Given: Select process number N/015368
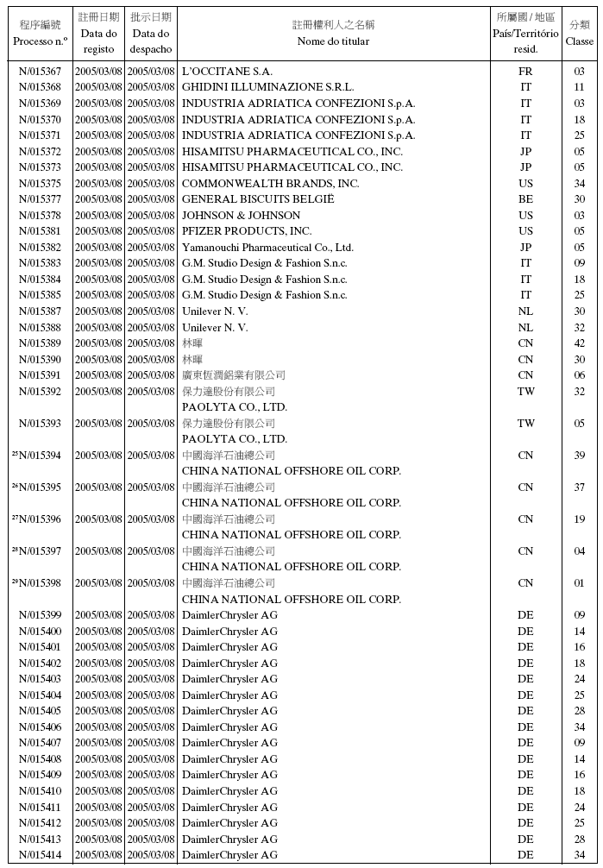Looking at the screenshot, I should click(x=40, y=87).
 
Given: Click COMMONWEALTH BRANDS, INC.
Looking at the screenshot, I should click(x=270, y=184).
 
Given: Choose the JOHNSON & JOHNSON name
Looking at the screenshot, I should click(x=241, y=216).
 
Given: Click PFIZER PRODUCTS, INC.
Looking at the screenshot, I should click(x=247, y=231).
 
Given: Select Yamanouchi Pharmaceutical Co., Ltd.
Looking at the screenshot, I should click(x=267, y=248).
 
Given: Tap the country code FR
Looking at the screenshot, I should click(x=525, y=72).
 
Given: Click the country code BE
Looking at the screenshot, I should click(x=525, y=199).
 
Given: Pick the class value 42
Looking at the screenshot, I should click(x=579, y=343).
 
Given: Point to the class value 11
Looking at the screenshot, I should click(x=579, y=87).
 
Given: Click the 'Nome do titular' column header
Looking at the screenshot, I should click(x=333, y=41).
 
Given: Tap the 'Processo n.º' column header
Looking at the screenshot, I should click(x=40, y=41).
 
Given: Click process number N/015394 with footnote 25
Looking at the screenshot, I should click(x=40, y=456).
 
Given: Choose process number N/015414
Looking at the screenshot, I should click(x=40, y=855).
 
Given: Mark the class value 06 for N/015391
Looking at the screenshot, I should click(x=579, y=375).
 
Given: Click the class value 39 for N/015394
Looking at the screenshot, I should click(x=579, y=456).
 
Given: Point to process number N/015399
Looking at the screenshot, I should click(x=40, y=615).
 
